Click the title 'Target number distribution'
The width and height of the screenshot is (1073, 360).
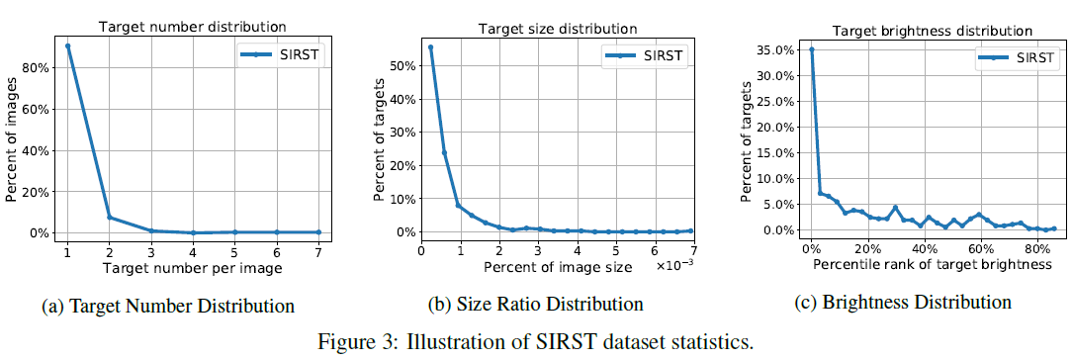click(x=180, y=27)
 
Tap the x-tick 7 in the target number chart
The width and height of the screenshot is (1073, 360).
click(x=317, y=253)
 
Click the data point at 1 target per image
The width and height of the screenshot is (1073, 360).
click(x=66, y=45)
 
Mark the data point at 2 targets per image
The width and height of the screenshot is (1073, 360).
click(x=109, y=218)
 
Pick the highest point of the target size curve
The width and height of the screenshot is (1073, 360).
click(x=430, y=46)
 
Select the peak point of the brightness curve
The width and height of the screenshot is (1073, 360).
click(x=812, y=49)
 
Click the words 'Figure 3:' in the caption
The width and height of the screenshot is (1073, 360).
click(x=352, y=343)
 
